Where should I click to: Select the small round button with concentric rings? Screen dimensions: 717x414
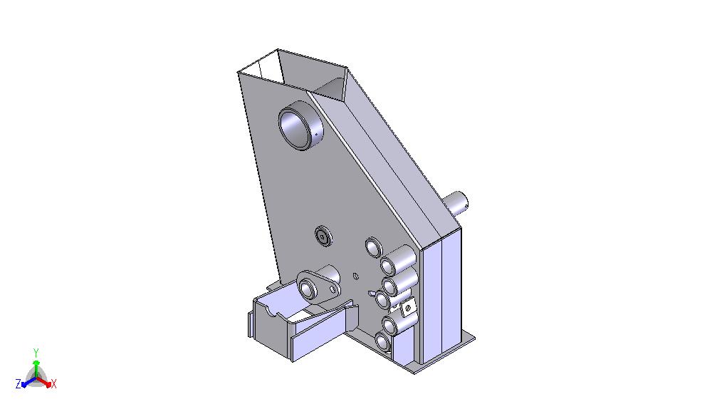[x=323, y=237]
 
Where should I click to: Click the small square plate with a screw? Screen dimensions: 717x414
[x=408, y=308]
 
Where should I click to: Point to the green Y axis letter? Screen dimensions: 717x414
[x=36, y=352]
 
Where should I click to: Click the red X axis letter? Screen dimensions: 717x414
[x=53, y=384]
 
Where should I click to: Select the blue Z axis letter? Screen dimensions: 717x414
[x=19, y=384]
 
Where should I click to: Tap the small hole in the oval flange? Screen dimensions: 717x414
[x=333, y=289]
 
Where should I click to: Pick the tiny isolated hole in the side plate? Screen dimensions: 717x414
[x=356, y=276]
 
